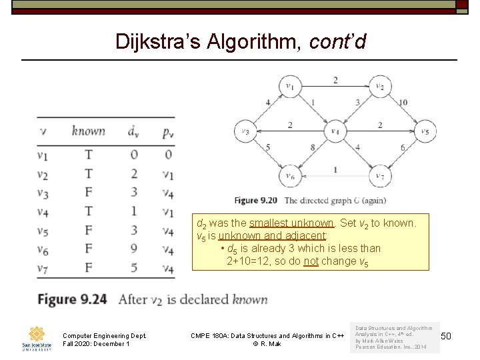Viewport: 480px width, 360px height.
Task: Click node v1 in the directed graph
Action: click(290, 86)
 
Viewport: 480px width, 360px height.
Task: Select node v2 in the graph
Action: click(380, 86)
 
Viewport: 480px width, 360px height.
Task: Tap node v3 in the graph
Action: click(245, 131)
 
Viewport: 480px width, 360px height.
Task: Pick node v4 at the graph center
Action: click(335, 131)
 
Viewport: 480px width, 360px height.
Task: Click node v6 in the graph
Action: click(290, 176)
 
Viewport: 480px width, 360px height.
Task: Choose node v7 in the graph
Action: click(380, 176)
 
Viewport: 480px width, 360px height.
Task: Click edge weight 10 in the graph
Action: click(403, 102)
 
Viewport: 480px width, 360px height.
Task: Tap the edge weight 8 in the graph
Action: click(312, 147)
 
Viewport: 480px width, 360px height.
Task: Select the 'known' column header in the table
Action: click(89, 131)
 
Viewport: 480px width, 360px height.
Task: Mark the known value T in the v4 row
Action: click(89, 212)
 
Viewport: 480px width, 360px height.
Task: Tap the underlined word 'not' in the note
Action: click(311, 261)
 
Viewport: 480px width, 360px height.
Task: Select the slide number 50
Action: click(446, 335)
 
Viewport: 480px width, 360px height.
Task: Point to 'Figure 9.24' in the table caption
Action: click(72, 299)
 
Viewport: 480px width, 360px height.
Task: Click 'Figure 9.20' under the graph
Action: click(256, 200)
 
